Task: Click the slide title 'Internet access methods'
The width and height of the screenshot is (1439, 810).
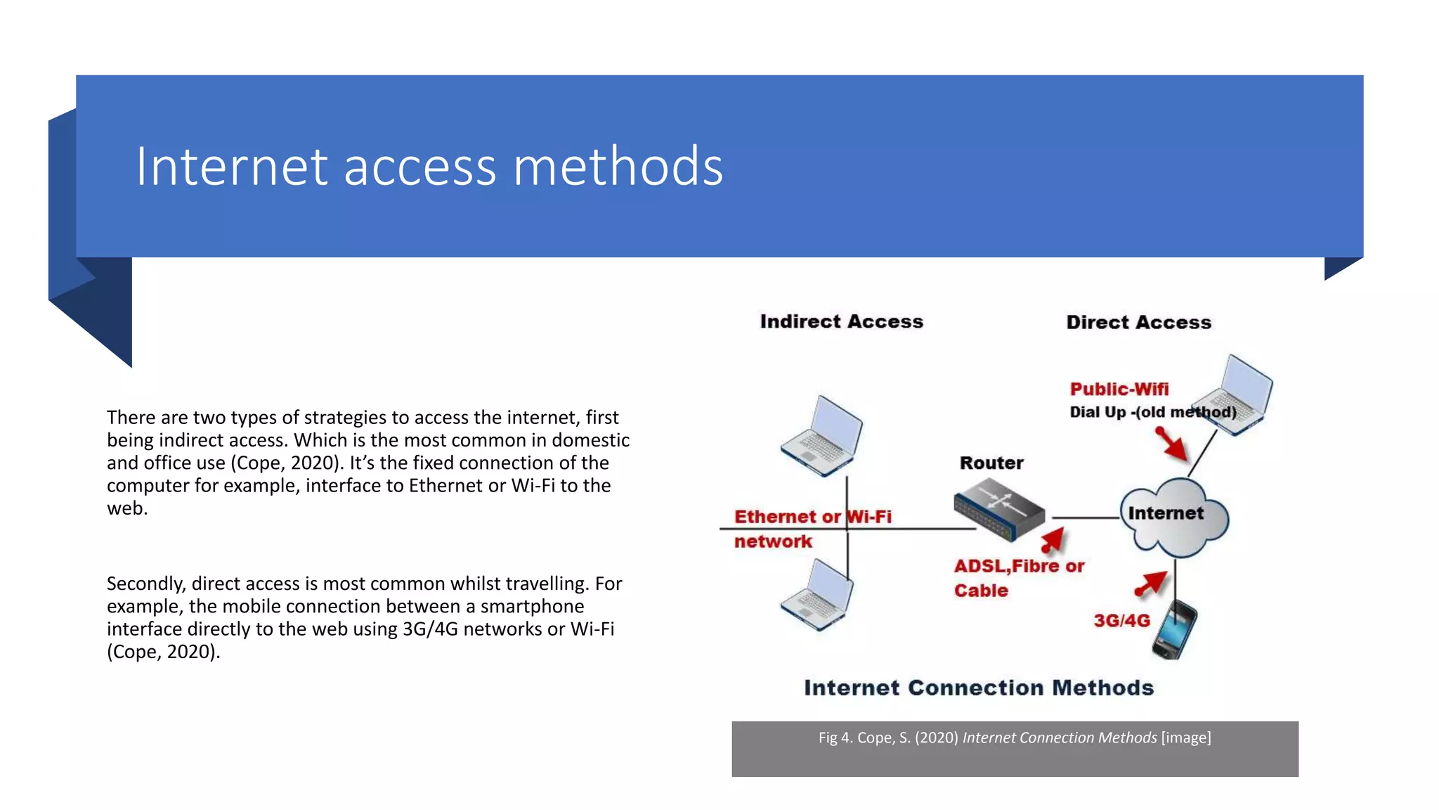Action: click(429, 167)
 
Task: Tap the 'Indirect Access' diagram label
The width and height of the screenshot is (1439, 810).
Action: click(841, 321)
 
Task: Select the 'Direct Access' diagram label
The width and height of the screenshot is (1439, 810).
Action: click(1138, 322)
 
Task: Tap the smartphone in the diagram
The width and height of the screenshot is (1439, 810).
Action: click(1174, 629)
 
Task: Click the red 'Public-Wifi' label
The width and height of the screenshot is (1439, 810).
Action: click(1119, 389)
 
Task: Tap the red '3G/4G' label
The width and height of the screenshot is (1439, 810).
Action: click(1121, 620)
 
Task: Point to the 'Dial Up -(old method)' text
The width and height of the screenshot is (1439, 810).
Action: click(1152, 412)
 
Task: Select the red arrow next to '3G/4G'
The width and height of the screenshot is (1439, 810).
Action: click(1151, 584)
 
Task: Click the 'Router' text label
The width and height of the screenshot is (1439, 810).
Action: click(991, 463)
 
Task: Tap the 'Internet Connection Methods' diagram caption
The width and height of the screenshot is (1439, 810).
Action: click(979, 687)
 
